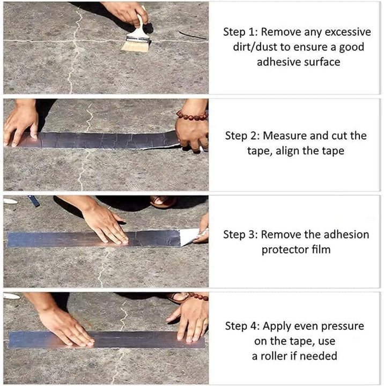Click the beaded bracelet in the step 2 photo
(x=191, y=115)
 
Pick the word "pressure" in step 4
(x=342, y=326)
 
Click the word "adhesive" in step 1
(x=279, y=62)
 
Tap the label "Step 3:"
(x=240, y=235)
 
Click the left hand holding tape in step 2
(x=21, y=123)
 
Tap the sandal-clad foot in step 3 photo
(x=163, y=202)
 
